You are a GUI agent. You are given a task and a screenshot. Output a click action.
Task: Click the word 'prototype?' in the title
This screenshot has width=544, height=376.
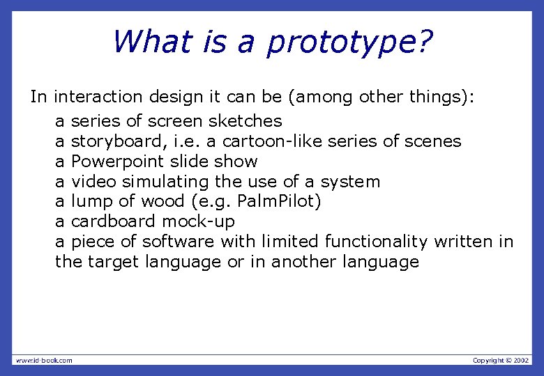[x=349, y=42]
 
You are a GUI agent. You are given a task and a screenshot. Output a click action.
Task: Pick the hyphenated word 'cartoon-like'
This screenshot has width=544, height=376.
[x=268, y=141]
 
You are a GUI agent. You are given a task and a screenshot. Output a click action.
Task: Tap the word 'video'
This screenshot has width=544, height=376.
[x=94, y=182]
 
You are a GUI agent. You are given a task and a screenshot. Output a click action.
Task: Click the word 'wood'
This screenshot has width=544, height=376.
[x=161, y=201]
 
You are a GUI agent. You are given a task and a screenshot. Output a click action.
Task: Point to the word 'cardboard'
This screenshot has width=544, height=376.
[x=114, y=221]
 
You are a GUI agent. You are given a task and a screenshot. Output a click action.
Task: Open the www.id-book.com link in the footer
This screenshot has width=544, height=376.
[x=44, y=360]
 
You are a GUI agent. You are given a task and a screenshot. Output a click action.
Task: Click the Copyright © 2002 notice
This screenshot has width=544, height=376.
[x=501, y=360]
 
